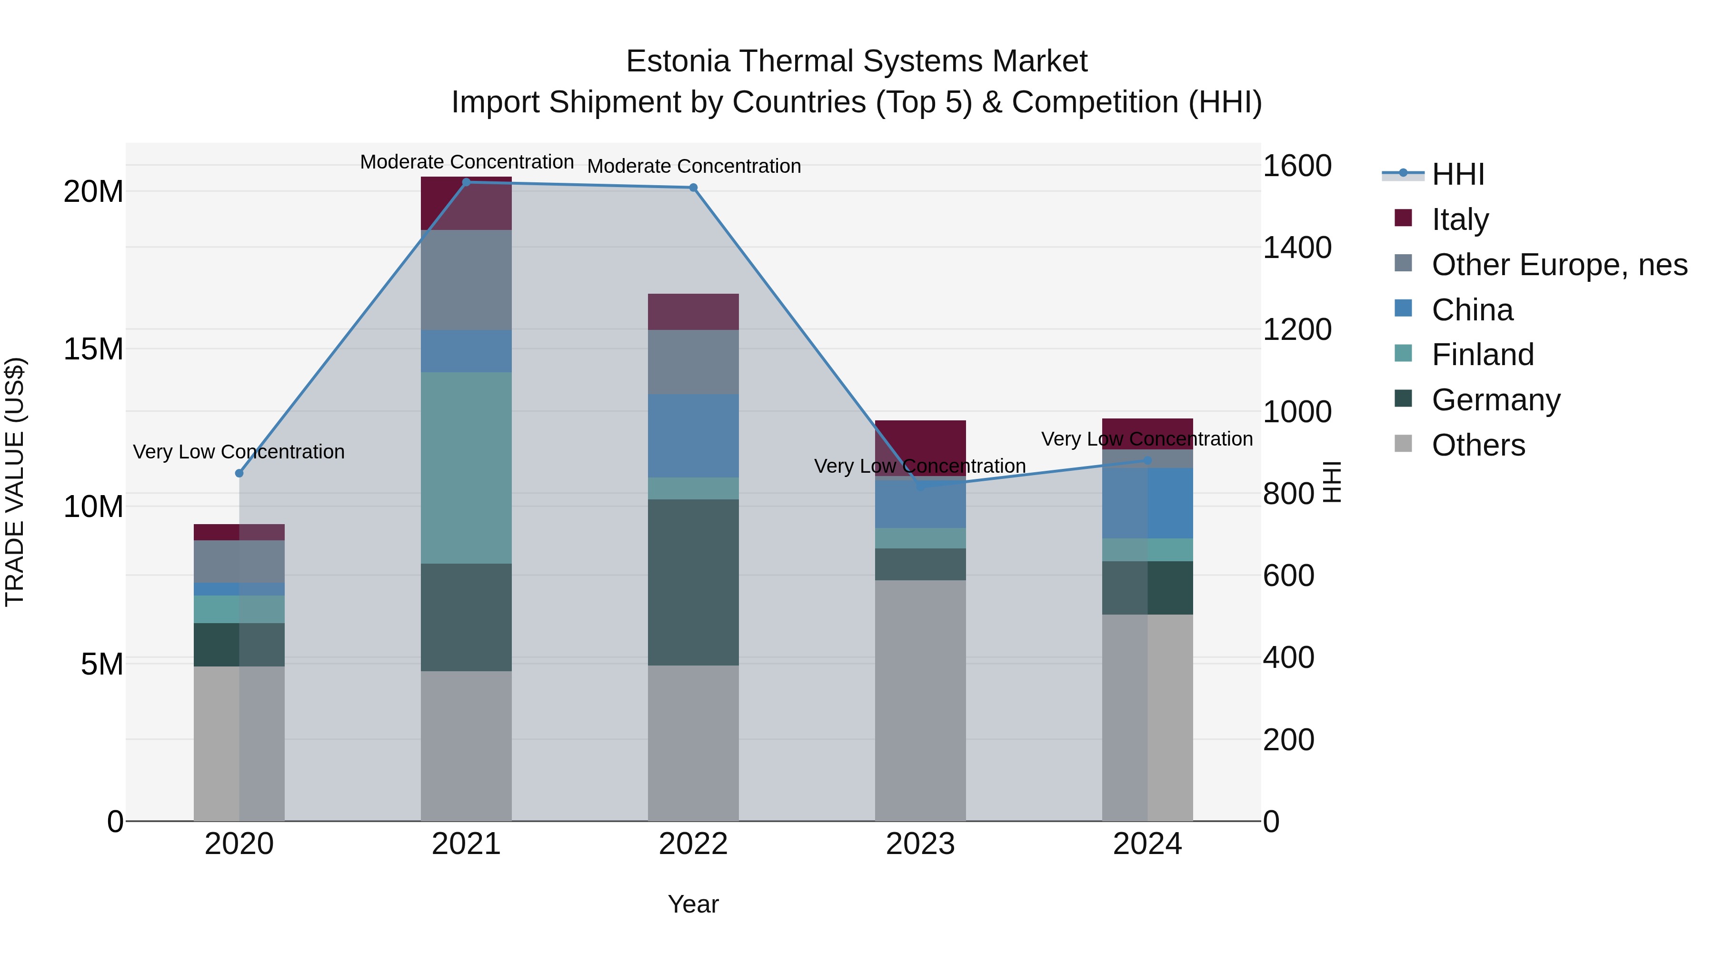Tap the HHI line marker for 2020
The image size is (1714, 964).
[x=239, y=473]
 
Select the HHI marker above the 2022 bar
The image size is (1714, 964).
[x=693, y=188]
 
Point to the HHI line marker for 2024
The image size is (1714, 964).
[x=1147, y=460]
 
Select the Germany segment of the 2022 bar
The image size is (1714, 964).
[x=693, y=582]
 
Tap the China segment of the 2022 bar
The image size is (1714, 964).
[x=693, y=436]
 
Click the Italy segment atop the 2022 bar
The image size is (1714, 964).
[x=693, y=311]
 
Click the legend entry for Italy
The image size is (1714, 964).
[x=1459, y=219]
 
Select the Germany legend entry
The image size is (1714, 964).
[x=1495, y=400]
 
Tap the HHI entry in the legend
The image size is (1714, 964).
[x=1457, y=174]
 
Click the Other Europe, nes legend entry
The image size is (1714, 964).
[x=1558, y=265]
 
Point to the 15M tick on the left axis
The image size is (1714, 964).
[x=93, y=348]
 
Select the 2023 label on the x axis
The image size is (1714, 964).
[x=920, y=844]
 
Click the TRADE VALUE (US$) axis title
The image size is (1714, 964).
[x=15, y=482]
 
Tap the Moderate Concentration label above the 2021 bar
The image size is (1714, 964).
[x=467, y=162]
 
